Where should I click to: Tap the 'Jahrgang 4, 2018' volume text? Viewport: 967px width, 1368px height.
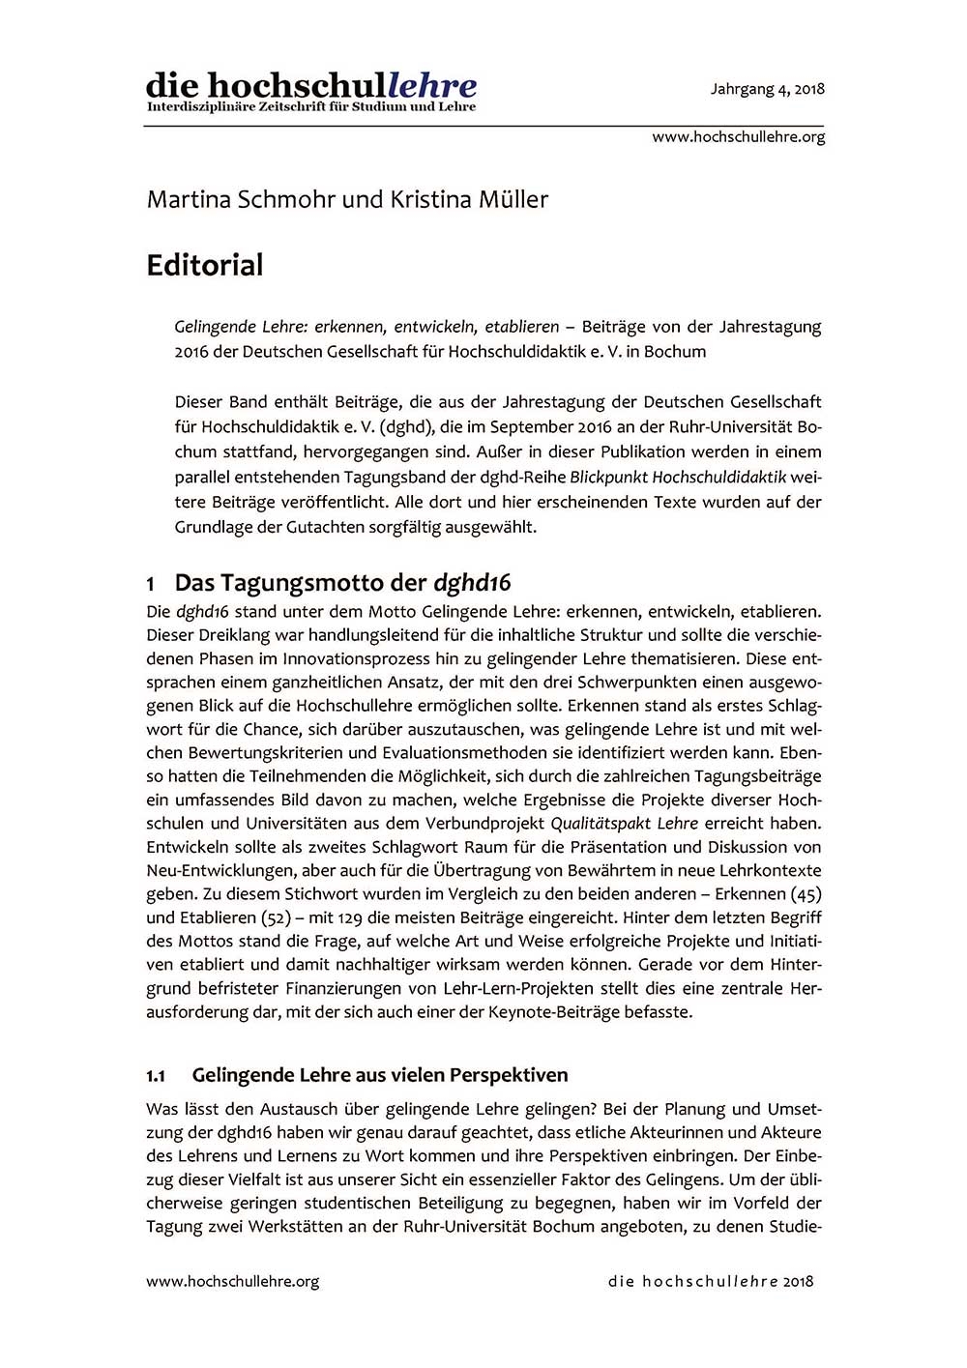[x=767, y=89]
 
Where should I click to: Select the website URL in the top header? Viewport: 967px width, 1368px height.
[x=738, y=137]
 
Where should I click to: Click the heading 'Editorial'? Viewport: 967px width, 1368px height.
[x=205, y=265]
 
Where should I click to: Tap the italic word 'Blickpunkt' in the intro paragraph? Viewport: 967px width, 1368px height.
[x=608, y=477]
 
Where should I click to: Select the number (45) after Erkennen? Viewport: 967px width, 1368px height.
[x=806, y=894]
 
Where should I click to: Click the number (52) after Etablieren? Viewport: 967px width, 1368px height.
[x=278, y=917]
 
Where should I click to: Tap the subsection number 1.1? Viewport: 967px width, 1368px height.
[x=157, y=1076]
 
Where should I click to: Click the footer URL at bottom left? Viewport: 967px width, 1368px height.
[x=232, y=1281]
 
